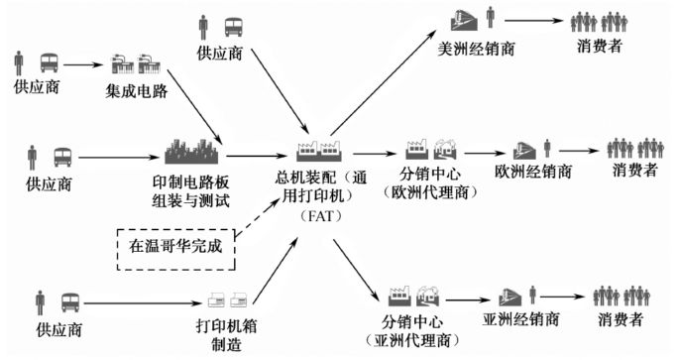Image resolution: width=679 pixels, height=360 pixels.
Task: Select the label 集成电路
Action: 137,92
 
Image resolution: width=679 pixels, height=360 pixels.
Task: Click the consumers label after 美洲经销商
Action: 601,46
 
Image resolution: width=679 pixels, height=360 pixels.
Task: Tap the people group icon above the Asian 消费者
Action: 621,295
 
